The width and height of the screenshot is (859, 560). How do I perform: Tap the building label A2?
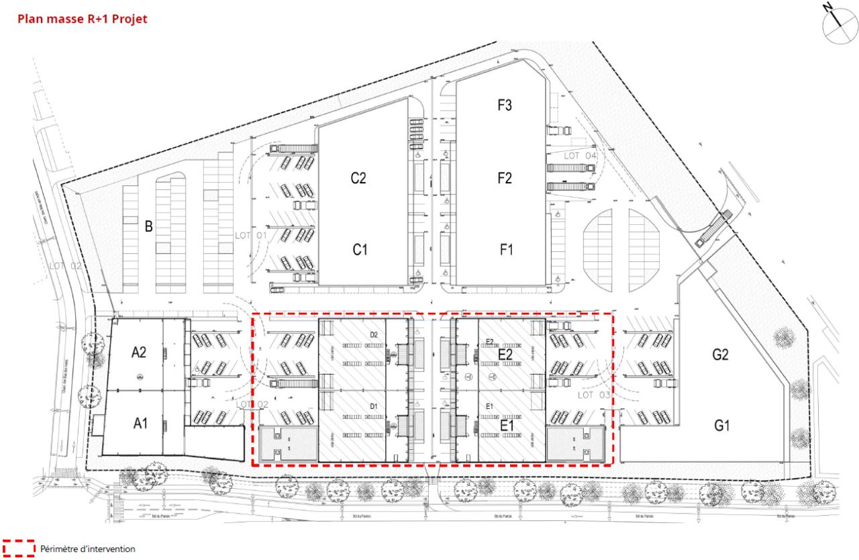click(x=140, y=351)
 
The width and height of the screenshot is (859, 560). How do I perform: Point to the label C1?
click(x=360, y=249)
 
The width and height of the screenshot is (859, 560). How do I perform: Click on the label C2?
click(x=358, y=179)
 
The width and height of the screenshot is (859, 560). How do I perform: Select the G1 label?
click(x=722, y=424)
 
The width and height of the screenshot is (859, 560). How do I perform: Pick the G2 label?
click(x=721, y=355)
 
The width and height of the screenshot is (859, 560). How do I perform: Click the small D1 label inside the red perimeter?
click(x=374, y=408)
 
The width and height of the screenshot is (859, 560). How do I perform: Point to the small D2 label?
click(x=374, y=334)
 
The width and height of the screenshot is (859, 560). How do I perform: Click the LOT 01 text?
click(x=251, y=236)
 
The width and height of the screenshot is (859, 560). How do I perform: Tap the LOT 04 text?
click(x=580, y=156)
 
